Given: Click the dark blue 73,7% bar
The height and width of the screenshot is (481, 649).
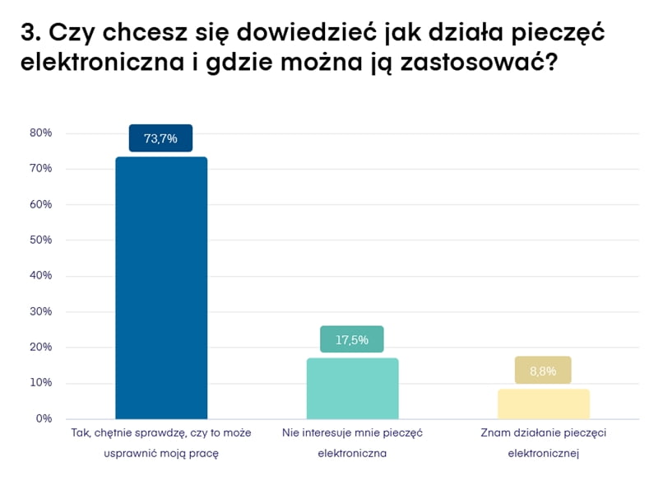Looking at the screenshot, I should tap(161, 287).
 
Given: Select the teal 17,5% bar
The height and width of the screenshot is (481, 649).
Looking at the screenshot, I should tap(352, 388).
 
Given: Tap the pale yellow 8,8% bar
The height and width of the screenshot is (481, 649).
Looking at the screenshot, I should tap(544, 404).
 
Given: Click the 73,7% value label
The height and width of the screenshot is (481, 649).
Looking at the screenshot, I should tap(160, 138).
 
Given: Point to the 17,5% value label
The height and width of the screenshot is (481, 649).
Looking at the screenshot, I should tap(352, 339).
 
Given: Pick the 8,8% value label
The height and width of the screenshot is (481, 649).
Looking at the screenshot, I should tap(543, 371).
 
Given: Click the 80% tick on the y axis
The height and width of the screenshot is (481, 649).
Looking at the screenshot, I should tap(41, 133).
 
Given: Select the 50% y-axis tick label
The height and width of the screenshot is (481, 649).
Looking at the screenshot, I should tap(41, 240).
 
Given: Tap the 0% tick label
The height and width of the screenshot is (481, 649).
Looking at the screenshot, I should tap(44, 418).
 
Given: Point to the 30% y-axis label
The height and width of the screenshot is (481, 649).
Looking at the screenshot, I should tap(41, 311).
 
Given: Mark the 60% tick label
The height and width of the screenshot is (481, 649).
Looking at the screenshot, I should tap(41, 204).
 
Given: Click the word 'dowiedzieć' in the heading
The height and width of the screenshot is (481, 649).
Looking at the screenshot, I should tap(280, 35).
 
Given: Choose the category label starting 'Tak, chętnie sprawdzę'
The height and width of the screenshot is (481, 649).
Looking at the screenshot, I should tap(161, 432).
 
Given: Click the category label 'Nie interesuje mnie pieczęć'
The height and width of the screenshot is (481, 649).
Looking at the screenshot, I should tap(352, 432).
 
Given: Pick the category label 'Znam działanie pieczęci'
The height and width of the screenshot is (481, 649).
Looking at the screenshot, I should tap(543, 432).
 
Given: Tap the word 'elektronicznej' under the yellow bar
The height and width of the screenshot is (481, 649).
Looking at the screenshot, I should tap(544, 452).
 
